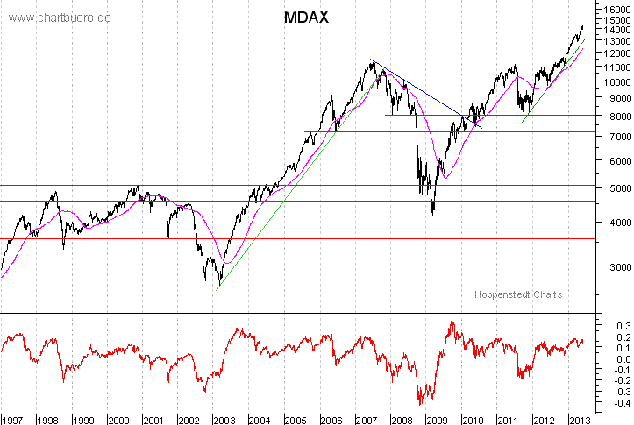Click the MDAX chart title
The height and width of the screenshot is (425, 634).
(x=306, y=18)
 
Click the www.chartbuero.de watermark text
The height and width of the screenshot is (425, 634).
(x=60, y=18)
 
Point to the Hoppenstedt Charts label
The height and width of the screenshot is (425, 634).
(x=518, y=294)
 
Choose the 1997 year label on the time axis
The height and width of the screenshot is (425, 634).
(x=13, y=418)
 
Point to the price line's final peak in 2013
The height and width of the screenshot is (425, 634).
(x=582, y=26)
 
